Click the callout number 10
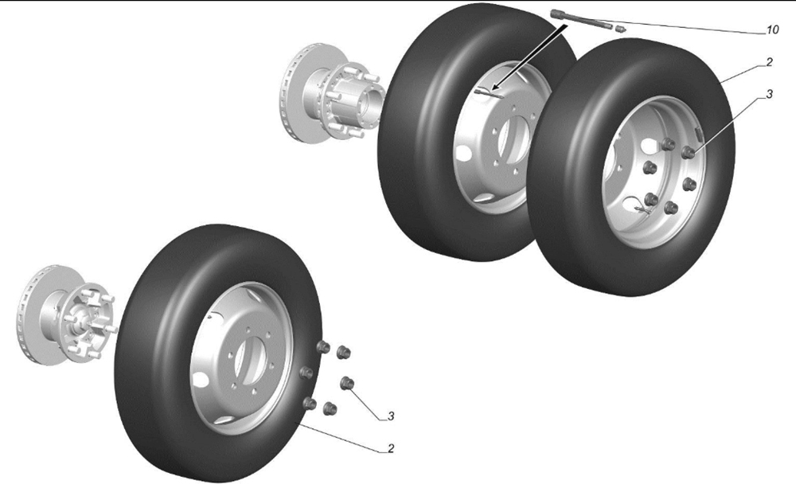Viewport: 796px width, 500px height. tap(771, 30)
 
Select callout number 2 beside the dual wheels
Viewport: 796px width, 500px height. tap(769, 62)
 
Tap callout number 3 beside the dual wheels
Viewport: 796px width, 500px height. tap(769, 94)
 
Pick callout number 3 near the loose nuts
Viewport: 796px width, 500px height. tap(390, 416)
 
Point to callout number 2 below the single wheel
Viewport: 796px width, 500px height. tap(390, 449)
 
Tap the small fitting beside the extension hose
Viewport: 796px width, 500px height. tap(620, 29)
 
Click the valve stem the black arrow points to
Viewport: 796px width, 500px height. tap(490, 93)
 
